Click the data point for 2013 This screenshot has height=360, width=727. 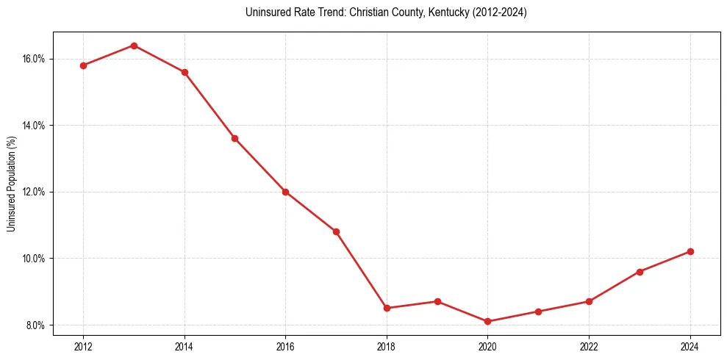pos(134,46)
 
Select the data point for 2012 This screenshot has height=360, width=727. pos(83,65)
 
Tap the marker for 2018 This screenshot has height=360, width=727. pos(387,308)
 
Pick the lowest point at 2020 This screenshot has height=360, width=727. pos(488,321)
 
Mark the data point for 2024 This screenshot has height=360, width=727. pos(690,251)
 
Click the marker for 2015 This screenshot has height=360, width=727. pos(234,138)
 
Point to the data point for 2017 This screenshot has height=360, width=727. pos(336,231)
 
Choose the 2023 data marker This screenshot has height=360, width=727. pos(640,272)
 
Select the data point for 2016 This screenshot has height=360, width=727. pos(285,192)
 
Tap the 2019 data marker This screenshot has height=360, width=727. pos(437,301)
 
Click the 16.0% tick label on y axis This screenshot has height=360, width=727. pos(34,59)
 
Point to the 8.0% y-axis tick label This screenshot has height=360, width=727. pos(35,325)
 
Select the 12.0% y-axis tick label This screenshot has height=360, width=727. pos(34,192)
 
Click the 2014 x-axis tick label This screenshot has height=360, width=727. pos(185,347)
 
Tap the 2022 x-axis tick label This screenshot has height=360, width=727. pos(589,347)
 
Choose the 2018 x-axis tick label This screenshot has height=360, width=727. pos(387,347)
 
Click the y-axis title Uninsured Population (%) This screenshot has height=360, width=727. pos(12,184)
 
